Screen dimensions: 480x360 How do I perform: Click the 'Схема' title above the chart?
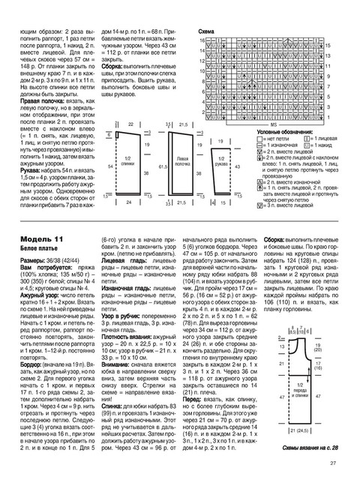tap(207, 32)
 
